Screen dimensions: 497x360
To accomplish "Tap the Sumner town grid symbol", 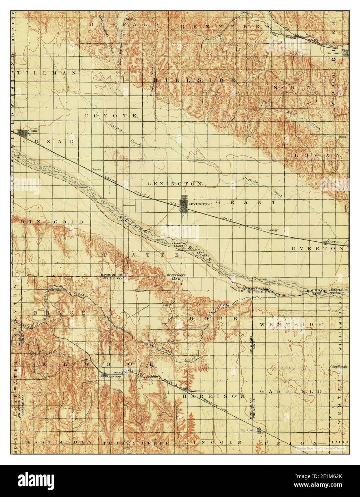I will (x=345, y=53).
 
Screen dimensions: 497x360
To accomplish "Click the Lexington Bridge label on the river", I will (x=177, y=244).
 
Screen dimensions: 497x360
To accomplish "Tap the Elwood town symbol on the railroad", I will (x=104, y=375).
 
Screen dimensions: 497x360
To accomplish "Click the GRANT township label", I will (x=246, y=202).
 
